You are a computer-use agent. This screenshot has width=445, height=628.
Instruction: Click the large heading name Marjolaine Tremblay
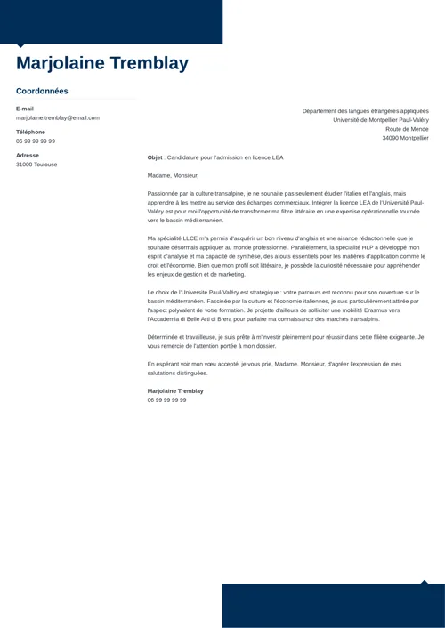tap(102, 64)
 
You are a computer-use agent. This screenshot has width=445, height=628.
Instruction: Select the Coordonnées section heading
tap(42, 91)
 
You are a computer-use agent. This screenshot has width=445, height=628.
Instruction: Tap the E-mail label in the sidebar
tap(25, 109)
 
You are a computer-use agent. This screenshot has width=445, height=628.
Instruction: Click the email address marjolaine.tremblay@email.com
tap(58, 117)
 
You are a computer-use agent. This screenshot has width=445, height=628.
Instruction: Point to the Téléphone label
tap(30, 132)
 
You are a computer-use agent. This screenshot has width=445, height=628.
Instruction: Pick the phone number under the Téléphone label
tap(36, 141)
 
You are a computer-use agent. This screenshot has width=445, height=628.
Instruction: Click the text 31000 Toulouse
tap(36, 165)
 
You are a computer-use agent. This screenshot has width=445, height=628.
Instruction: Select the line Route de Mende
tap(406, 129)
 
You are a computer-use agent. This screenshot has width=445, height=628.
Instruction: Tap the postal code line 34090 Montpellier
tap(405, 138)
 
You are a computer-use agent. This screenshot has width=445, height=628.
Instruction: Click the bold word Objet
tap(155, 157)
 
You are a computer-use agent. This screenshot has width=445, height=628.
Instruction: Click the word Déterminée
tap(166, 337)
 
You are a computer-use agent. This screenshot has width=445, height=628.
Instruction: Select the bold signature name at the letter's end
tap(175, 391)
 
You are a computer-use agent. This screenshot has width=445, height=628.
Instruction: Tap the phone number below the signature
tap(167, 400)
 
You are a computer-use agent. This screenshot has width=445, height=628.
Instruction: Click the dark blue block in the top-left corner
tap(111, 22)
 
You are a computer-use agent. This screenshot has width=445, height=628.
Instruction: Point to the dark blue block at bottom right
tap(333, 606)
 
